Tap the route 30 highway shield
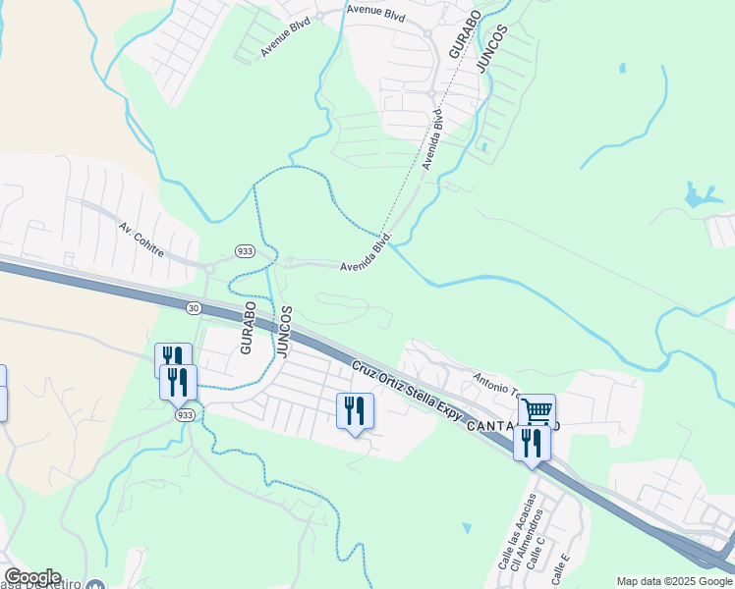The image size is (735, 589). pyautogui.click(x=194, y=307)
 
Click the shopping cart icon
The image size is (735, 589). pyautogui.click(x=537, y=410)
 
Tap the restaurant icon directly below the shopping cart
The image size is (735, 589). pyautogui.click(x=532, y=443)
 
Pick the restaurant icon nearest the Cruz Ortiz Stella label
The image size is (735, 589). pyautogui.click(x=355, y=410)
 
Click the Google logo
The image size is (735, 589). pyautogui.click(x=32, y=577)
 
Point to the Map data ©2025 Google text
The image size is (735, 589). pyautogui.click(x=675, y=581)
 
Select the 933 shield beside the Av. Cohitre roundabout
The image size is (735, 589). pyautogui.click(x=246, y=251)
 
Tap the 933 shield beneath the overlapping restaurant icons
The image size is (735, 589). pyautogui.click(x=185, y=415)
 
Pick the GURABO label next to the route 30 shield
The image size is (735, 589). pyautogui.click(x=248, y=327)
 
